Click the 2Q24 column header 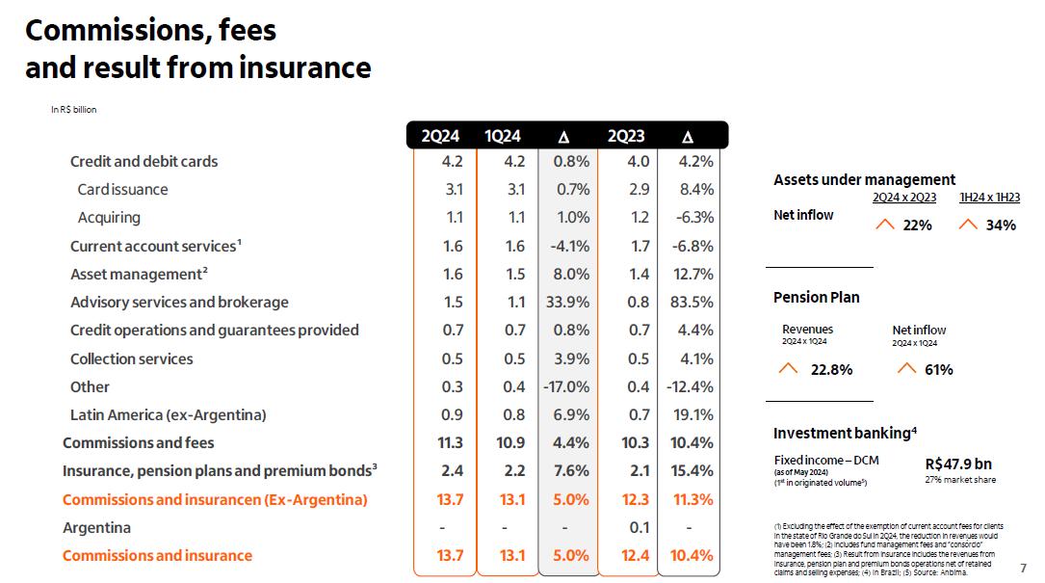coord(440,136)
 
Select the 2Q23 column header coord(626,136)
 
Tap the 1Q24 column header coord(503,136)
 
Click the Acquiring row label coord(109,218)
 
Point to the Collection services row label coord(131,358)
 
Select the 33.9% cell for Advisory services coord(567,303)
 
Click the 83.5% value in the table coord(690,303)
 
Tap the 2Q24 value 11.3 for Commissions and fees coord(451,443)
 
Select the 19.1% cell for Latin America coord(692,415)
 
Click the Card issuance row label coord(122,190)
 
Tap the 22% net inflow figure coord(918,225)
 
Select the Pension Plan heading coord(817,297)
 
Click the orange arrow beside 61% coord(905,368)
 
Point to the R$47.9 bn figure coord(958,463)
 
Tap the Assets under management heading coord(864,179)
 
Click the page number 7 coord(1023,568)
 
